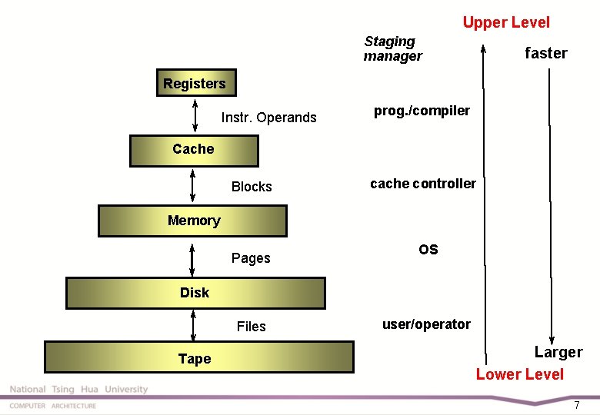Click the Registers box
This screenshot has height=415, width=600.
(195, 84)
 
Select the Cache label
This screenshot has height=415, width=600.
(193, 149)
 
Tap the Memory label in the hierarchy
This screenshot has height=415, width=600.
(194, 221)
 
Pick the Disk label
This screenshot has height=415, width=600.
(195, 293)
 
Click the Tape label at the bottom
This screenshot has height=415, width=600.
(195, 359)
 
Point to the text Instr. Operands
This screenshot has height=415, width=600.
(268, 118)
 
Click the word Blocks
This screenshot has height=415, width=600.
(252, 187)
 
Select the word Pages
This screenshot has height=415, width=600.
(251, 258)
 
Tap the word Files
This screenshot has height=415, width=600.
(251, 327)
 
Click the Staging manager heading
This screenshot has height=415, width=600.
(392, 48)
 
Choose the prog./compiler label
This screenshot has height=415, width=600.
(422, 111)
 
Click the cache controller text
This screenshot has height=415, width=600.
(422, 184)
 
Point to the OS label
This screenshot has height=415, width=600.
(428, 250)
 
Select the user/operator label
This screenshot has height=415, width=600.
(426, 324)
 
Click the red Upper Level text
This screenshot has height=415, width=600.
(506, 22)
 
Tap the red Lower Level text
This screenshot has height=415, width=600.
(519, 374)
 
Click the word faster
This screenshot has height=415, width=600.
(545, 53)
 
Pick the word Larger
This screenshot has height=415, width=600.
(558, 352)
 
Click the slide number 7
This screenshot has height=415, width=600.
(576, 404)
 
